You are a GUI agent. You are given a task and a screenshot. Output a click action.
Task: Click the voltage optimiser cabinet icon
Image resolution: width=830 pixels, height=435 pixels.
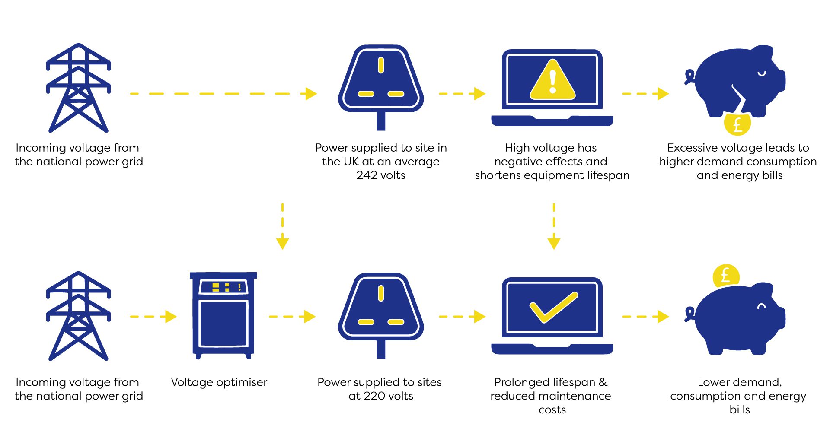[x=223, y=315]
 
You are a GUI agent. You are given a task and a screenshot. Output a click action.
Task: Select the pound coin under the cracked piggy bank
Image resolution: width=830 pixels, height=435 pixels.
[x=737, y=124]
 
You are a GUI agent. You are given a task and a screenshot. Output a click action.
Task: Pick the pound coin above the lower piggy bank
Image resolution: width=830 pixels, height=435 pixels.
[x=726, y=276]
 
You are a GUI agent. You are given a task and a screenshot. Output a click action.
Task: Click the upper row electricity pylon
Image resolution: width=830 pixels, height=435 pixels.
[x=78, y=88]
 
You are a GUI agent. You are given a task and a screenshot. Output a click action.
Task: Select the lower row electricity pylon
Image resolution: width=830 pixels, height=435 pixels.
[x=78, y=316]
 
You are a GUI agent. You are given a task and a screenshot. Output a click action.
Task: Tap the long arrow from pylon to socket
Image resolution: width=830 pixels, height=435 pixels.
[x=223, y=94]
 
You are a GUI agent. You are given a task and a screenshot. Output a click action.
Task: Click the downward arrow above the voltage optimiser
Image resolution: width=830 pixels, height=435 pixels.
[x=282, y=227]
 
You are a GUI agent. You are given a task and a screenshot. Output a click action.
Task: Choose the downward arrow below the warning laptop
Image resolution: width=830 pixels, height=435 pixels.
[x=554, y=227]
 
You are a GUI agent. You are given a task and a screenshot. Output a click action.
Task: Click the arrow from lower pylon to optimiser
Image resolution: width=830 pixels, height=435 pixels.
[x=153, y=317]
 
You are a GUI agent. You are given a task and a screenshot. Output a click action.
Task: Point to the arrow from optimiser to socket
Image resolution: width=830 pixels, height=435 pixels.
[x=292, y=317]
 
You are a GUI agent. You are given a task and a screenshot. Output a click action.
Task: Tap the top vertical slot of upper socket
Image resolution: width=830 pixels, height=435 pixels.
[x=381, y=65]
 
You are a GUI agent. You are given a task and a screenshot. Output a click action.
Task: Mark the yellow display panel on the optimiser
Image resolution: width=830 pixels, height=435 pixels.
[x=223, y=287]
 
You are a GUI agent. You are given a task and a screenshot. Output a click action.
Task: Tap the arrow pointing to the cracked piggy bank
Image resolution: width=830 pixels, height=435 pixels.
[x=645, y=94]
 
